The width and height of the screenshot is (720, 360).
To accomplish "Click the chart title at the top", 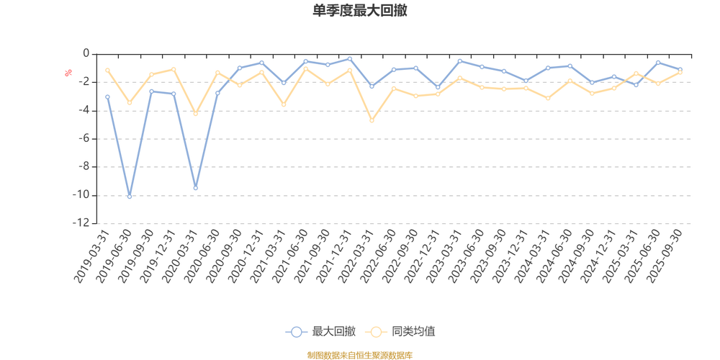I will tap(361, 11).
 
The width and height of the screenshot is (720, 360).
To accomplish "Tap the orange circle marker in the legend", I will tap(375, 332).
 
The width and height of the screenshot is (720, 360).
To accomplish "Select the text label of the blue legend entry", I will tap(333, 332).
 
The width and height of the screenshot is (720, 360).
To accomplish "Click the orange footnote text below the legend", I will tap(359, 354).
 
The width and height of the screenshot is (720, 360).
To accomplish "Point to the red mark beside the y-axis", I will tap(68, 72).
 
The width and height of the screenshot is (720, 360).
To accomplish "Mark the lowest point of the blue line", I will tap(130, 197).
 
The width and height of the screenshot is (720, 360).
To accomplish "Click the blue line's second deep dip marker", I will tap(195, 188).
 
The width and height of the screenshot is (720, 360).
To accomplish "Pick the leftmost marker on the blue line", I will tap(107, 96).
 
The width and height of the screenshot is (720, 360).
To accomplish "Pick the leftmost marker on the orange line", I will tap(107, 69).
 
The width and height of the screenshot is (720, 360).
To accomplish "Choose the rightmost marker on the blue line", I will tap(680, 69).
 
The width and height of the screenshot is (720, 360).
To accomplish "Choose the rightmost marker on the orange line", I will tap(680, 73).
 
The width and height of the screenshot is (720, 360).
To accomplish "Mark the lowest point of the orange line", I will tap(372, 120).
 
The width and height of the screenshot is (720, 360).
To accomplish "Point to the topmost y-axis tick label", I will tap(84, 54).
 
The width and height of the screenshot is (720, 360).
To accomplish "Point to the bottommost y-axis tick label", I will tap(81, 223).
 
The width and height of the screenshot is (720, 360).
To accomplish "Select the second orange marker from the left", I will tap(130, 104).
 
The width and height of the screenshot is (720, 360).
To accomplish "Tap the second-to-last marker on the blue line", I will tap(658, 62).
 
